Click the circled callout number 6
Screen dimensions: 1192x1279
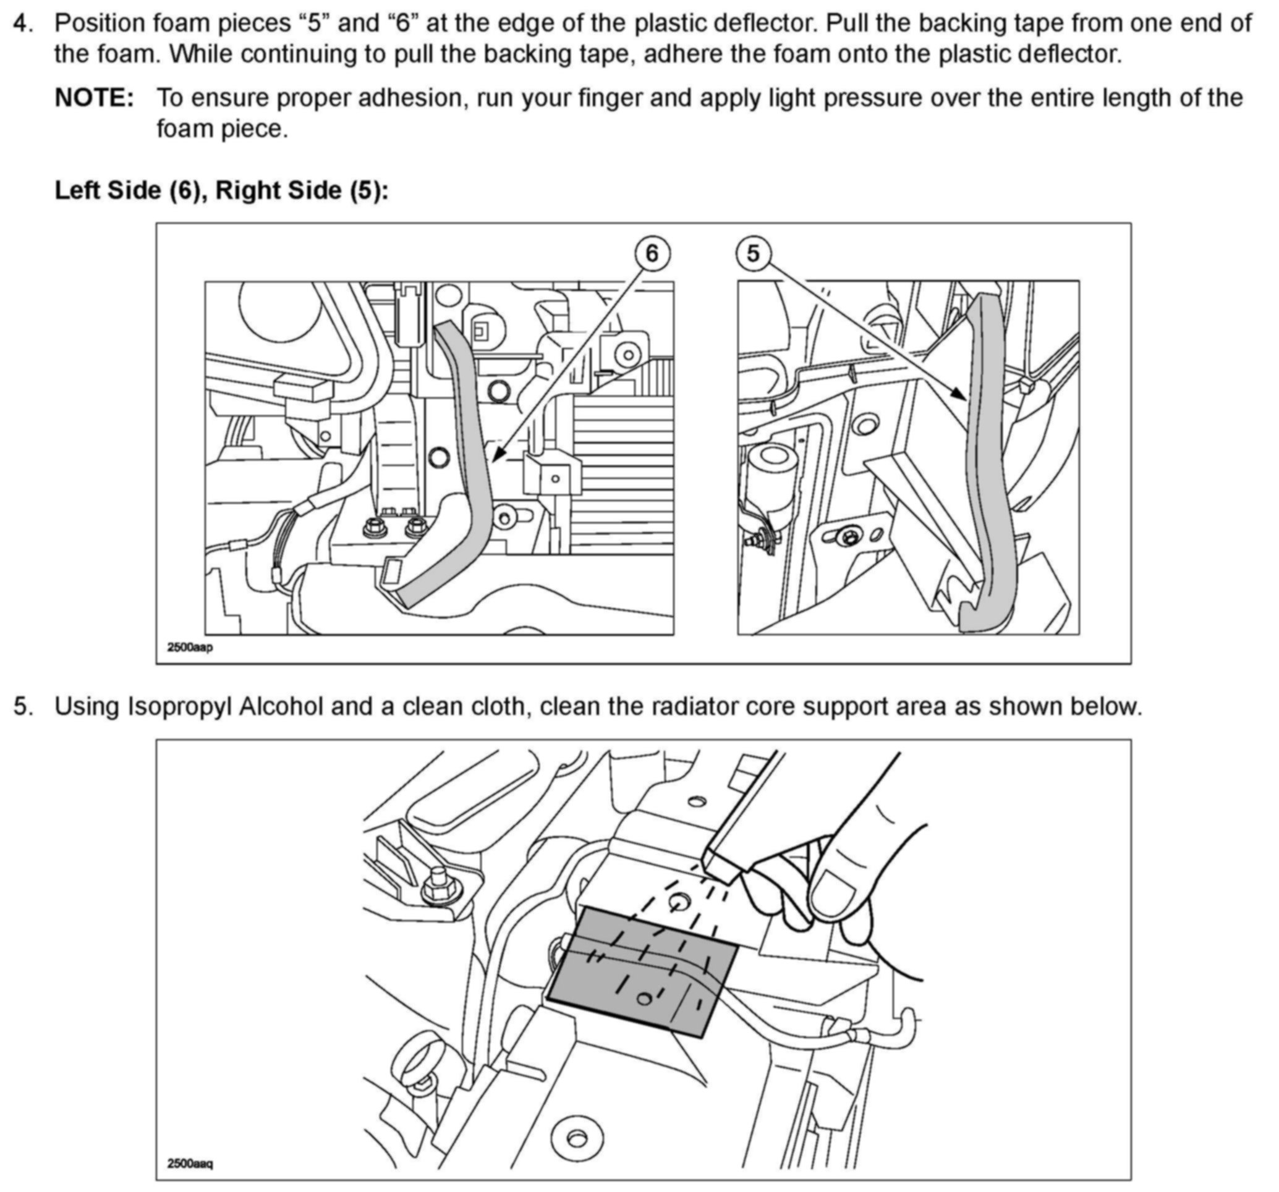(x=652, y=253)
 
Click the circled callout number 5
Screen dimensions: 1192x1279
(x=753, y=253)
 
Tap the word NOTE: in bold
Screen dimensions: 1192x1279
(x=94, y=98)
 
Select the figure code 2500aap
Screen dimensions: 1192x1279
(x=189, y=647)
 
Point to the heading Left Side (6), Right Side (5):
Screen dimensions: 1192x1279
(x=221, y=190)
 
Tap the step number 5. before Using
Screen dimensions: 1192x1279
(x=23, y=706)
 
